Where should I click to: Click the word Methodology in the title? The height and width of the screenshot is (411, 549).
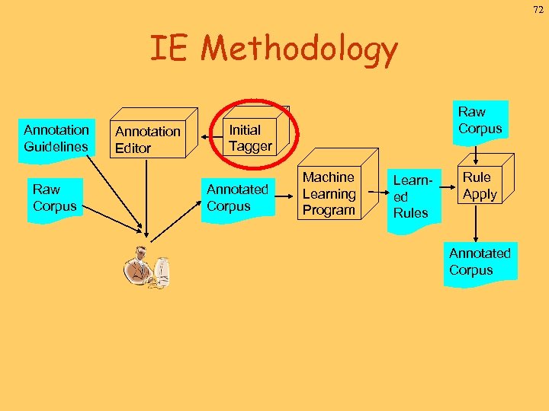299,50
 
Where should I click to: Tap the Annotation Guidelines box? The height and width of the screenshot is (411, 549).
56,138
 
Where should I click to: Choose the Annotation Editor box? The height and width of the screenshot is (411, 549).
148,139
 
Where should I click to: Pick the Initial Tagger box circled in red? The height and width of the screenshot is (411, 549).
250,138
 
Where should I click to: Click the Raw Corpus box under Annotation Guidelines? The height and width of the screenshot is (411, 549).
54,198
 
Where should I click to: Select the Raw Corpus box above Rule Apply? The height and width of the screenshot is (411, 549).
480,121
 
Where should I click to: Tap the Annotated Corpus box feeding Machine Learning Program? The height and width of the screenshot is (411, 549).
237,198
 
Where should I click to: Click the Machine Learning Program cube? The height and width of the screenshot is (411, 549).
329,194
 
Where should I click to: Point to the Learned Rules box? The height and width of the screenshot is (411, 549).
411,197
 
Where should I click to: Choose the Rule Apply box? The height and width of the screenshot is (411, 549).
480,186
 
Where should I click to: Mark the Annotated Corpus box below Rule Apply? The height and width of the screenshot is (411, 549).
480,263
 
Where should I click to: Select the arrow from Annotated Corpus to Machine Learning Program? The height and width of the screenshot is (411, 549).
284,198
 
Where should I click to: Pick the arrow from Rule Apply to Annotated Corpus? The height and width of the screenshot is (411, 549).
477,225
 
